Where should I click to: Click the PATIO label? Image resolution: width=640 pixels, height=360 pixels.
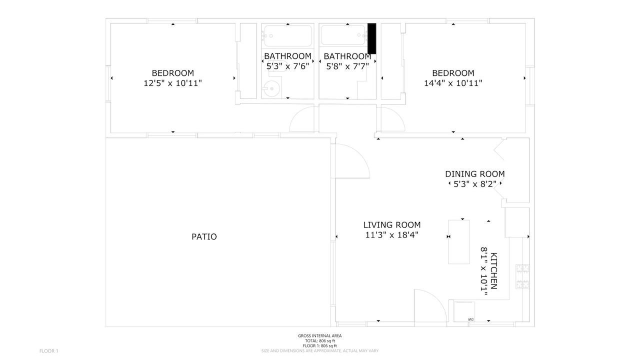(204, 236)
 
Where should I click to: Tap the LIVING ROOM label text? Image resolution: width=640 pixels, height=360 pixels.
(391, 225)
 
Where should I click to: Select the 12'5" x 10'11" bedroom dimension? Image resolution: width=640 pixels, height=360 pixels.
(172, 83)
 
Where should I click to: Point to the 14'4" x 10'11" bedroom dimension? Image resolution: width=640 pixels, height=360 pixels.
(453, 83)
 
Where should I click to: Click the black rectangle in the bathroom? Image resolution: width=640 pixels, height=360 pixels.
(371, 38)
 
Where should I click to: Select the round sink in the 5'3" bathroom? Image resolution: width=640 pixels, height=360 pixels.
(269, 88)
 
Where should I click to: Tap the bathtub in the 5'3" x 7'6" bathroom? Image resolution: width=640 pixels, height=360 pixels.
(288, 35)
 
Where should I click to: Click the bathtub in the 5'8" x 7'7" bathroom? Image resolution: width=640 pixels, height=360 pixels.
(343, 35)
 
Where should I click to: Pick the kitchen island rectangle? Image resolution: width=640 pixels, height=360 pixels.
(458, 241)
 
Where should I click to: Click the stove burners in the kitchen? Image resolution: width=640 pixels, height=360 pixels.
(522, 276)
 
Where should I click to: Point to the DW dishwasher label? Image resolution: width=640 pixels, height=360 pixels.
(470, 319)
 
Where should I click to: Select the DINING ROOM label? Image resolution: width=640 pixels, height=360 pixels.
(475, 173)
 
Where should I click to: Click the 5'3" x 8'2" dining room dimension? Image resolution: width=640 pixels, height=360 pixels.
(475, 184)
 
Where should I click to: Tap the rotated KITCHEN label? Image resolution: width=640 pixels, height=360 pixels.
(493, 271)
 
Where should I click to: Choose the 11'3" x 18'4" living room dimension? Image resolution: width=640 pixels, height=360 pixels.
(391, 235)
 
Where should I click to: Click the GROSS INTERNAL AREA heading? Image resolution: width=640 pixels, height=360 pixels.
(319, 335)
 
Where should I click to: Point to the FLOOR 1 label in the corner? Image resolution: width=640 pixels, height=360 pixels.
(48, 351)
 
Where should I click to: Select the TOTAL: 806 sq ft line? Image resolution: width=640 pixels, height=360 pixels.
(319, 341)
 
